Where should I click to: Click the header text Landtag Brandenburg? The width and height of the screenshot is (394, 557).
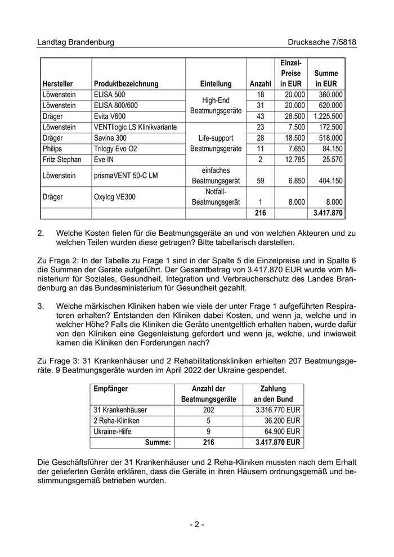click(x=75, y=42)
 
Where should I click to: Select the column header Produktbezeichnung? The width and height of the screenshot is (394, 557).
click(x=126, y=84)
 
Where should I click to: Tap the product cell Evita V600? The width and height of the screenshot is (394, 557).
click(x=110, y=116)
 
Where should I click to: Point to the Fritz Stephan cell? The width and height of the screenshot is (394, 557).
click(x=62, y=160)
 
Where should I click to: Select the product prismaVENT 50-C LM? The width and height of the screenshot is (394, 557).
click(x=126, y=176)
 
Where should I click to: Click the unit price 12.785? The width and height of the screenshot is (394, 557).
click(x=293, y=160)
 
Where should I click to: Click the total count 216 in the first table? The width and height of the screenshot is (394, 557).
click(x=259, y=213)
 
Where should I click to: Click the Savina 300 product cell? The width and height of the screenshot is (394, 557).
click(x=110, y=138)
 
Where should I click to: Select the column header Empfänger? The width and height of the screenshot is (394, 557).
click(x=110, y=389)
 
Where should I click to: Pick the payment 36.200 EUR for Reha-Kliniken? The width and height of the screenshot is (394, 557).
click(x=278, y=421)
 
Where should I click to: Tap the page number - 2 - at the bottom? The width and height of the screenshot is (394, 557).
click(x=196, y=524)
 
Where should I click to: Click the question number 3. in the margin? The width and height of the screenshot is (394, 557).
click(x=41, y=306)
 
